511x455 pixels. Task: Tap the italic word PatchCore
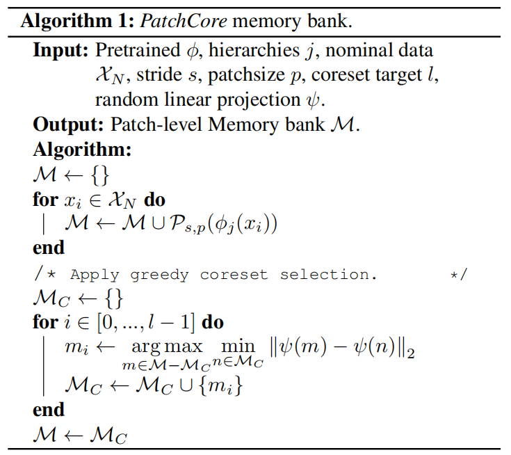coord(170,20)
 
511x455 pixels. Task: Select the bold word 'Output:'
coord(65,125)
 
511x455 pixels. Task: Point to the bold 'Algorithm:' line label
coord(82,149)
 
